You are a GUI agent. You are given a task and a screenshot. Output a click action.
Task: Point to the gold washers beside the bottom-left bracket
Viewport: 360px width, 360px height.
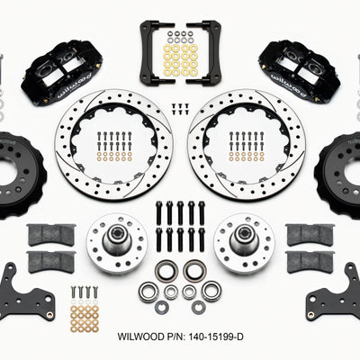(x=84, y=314)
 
